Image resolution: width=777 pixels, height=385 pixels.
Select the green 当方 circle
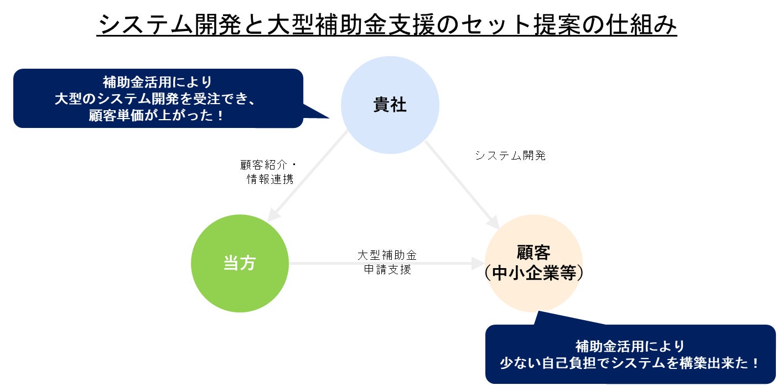click(x=239, y=263)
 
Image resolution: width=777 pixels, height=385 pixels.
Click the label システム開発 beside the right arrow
click(x=510, y=156)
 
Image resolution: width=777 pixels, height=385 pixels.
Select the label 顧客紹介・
click(x=269, y=165)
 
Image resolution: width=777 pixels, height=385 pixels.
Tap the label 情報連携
click(x=270, y=179)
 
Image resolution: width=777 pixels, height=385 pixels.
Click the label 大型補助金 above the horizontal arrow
click(x=387, y=255)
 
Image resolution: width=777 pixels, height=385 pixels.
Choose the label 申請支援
click(x=387, y=270)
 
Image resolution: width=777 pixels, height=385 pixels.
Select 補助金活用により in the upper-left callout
click(x=158, y=82)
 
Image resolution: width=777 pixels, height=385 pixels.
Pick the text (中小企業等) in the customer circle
click(x=533, y=274)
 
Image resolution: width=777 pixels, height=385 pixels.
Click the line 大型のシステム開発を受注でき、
click(x=158, y=99)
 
